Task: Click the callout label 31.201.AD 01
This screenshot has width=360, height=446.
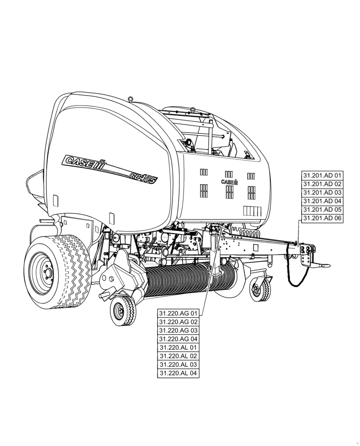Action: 322,175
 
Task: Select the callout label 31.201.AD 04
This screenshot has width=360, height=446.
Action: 322,201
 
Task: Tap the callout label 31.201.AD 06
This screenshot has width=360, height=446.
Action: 322,218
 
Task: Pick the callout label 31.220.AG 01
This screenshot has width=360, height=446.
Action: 178,313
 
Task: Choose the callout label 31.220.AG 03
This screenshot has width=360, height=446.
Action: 178,330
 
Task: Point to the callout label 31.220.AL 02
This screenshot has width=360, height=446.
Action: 178,356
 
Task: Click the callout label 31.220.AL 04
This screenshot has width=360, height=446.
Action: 178,373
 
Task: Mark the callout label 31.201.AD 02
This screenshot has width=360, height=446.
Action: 322,184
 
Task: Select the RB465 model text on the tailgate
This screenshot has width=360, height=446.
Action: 143,177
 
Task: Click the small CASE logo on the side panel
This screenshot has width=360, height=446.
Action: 229,182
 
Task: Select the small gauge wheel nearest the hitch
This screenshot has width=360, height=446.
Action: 259,289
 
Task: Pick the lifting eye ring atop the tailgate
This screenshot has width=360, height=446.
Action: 130,99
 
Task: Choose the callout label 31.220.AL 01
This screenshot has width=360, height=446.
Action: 178,347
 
